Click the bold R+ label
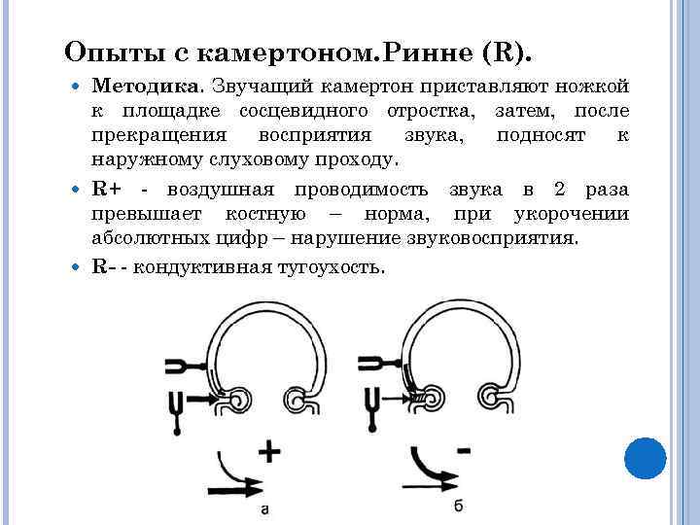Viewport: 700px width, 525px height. click(x=107, y=190)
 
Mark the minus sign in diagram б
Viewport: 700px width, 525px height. click(x=463, y=450)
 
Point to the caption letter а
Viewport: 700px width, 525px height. click(x=264, y=507)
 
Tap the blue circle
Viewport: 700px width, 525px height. click(x=644, y=457)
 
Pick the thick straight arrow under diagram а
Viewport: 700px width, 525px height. click(x=232, y=479)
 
